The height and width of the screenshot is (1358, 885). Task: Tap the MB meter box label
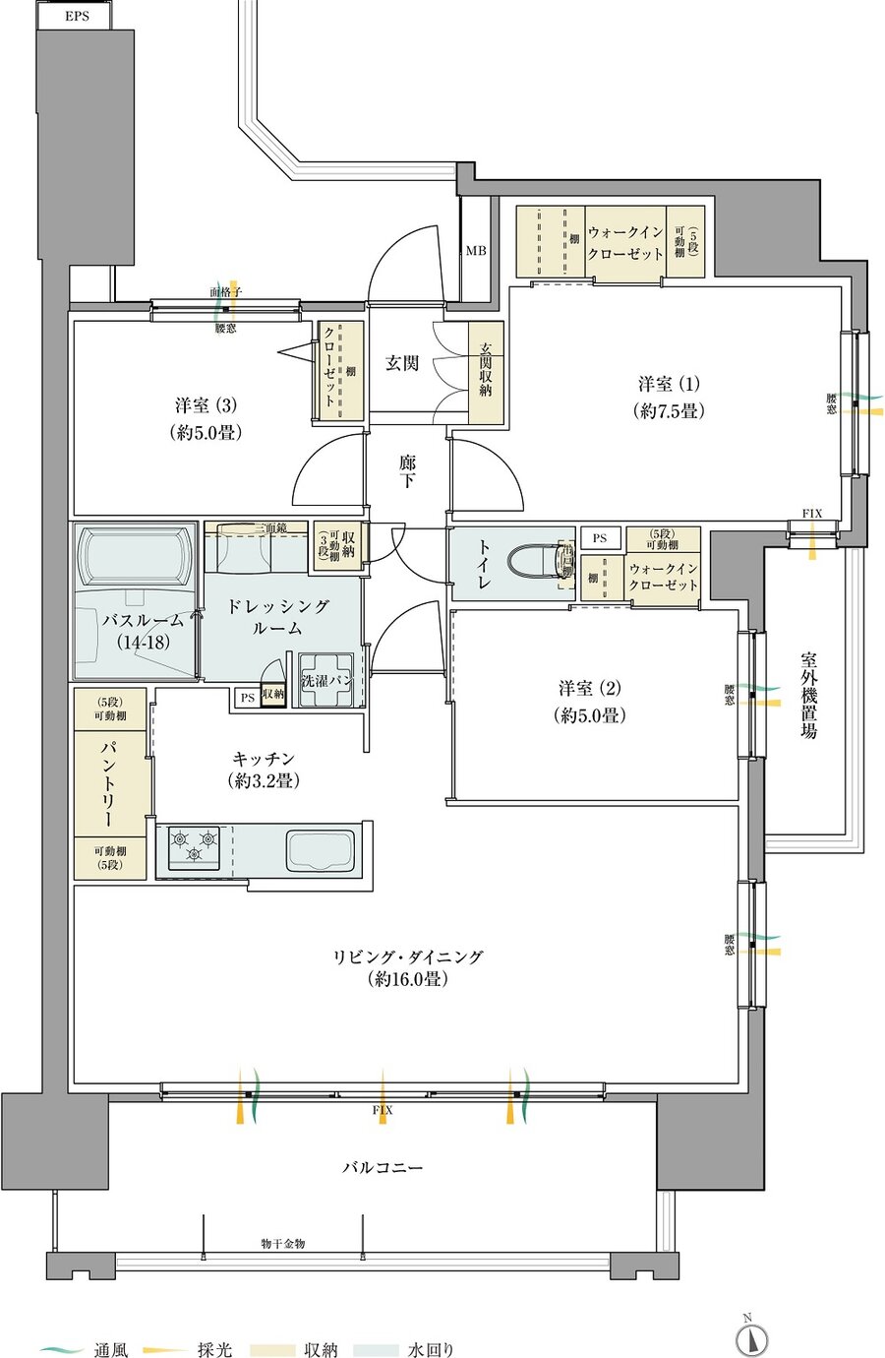[x=476, y=251]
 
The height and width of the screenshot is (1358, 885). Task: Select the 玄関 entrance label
[x=401, y=363]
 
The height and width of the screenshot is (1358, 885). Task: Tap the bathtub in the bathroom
[x=136, y=556]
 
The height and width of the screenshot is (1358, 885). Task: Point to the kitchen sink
[x=320, y=850]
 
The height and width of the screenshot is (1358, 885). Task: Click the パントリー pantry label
[x=109, y=783]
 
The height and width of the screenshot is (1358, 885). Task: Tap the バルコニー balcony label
[x=383, y=1168]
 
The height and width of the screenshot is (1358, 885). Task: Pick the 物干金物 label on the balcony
[x=283, y=1243]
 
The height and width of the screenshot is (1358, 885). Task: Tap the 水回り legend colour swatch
[x=376, y=1350]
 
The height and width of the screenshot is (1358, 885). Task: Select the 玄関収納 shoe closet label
[x=486, y=371]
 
